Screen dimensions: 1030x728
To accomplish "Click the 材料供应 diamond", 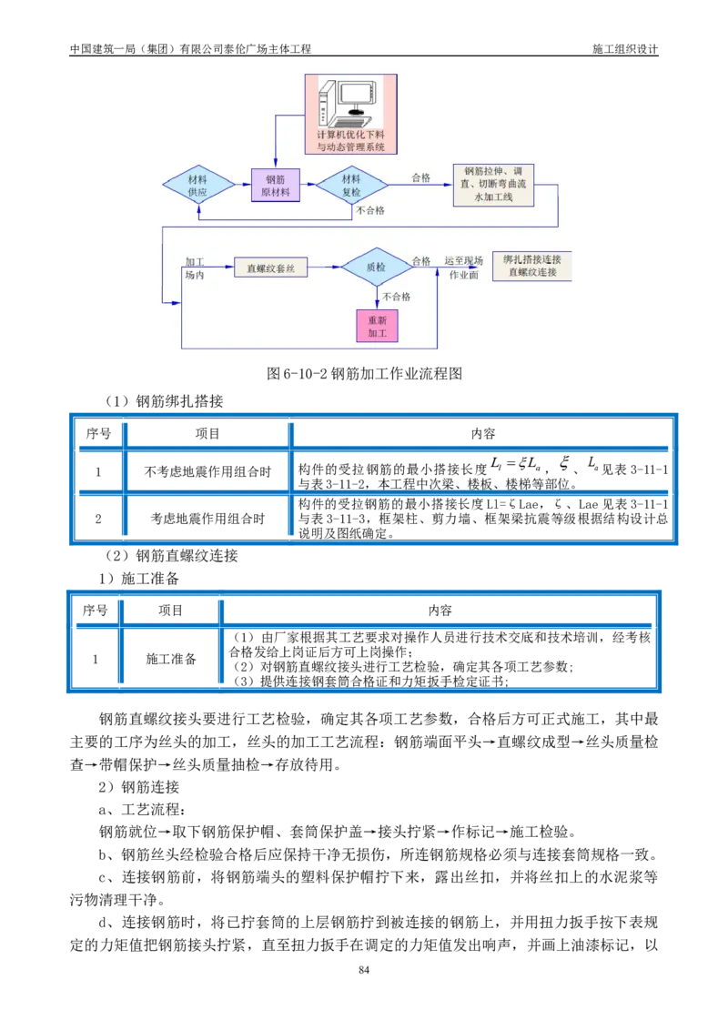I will click(197, 185).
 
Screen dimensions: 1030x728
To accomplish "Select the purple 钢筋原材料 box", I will click(276, 185).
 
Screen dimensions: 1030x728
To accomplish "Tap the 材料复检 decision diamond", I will click(351, 185).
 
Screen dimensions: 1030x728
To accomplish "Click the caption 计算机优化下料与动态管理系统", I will click(350, 139).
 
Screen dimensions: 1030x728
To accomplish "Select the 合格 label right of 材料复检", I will click(420, 177).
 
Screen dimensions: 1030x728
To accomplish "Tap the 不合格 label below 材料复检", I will click(370, 210).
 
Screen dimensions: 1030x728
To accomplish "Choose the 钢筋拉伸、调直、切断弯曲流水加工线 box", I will click(492, 185).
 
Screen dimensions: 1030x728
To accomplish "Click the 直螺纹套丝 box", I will click(270, 268).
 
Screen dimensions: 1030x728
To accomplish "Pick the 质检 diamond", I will click(376, 268).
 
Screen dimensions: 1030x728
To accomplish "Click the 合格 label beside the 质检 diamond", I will click(420, 260).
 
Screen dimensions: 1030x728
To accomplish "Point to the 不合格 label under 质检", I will click(396, 297).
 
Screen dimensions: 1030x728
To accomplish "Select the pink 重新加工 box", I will click(377, 326).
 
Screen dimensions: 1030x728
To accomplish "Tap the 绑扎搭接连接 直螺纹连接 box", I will click(531, 266).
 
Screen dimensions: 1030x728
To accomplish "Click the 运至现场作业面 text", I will click(462, 268).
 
